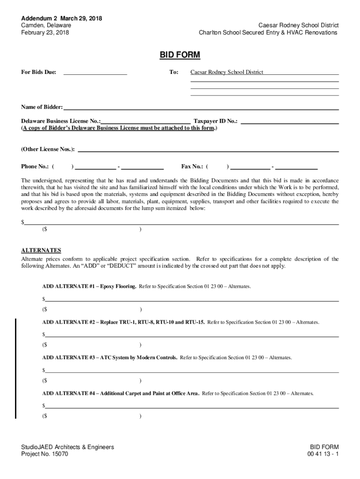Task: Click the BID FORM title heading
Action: coord(180,55)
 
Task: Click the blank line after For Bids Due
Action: coord(95,73)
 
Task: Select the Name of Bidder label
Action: coord(42,107)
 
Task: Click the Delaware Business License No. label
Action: coord(60,121)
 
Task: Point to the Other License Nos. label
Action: coord(48,149)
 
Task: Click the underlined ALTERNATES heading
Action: coord(41,250)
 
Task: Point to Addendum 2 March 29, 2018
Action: coord(61,18)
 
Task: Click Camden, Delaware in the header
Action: coord(46,25)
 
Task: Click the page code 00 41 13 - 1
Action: coord(323,454)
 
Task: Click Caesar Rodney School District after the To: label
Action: coord(227,72)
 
